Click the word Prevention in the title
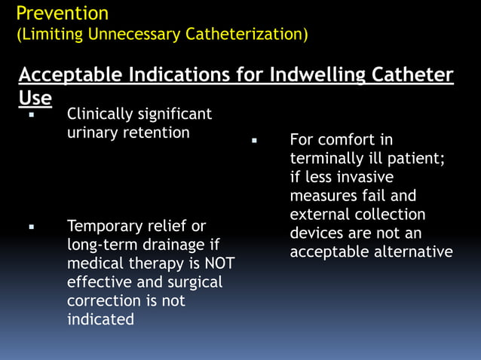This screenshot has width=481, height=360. coord(62,14)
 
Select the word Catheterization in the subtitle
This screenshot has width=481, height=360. coord(243,35)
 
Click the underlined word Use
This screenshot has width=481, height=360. coord(35,98)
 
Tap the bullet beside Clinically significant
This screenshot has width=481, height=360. coord(32,116)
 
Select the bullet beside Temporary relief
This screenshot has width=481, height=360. coord(32,227)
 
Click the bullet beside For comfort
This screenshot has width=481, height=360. coord(255,141)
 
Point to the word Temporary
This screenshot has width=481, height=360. coord(103,227)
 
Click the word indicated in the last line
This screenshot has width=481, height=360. coord(100,319)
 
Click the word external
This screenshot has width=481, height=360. coord(320,215)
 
